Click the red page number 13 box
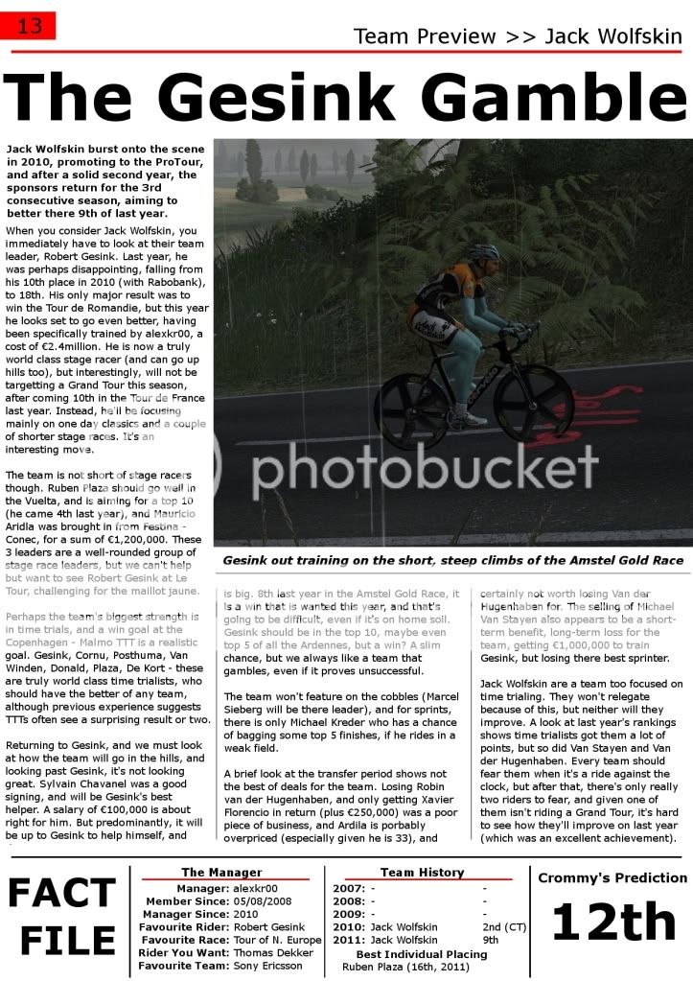(30, 26)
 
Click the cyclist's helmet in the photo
(483, 252)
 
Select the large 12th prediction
(612, 923)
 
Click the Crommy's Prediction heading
(612, 877)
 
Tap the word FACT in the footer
(62, 894)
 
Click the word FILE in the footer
(62, 942)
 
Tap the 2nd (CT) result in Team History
(501, 927)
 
